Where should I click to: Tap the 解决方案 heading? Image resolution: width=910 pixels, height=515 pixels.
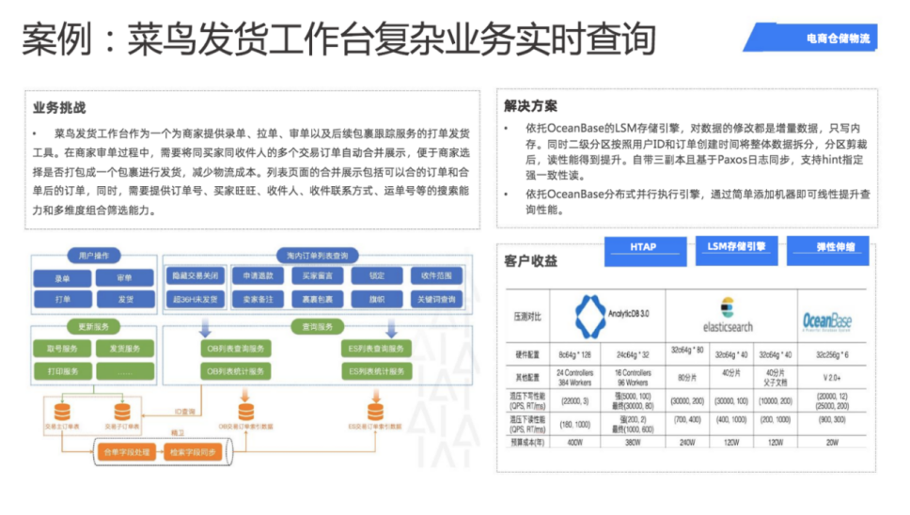[530, 106]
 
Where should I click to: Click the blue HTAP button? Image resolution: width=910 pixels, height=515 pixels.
[644, 247]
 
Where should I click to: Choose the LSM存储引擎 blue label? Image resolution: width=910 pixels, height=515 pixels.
[736, 247]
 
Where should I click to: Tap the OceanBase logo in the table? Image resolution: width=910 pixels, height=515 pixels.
[826, 321]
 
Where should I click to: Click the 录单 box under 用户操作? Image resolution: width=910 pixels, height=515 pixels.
[62, 278]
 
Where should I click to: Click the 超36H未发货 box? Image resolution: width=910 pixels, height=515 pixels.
[196, 299]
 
